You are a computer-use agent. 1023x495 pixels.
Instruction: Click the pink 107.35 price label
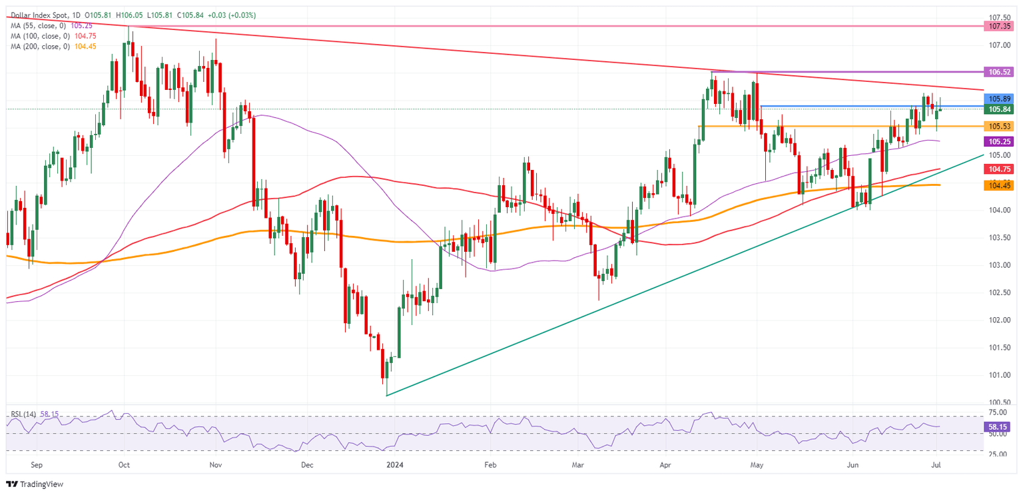[1000, 26]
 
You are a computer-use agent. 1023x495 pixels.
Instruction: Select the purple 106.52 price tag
[1000, 71]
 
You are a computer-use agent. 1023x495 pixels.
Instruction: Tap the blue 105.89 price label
[1000, 99]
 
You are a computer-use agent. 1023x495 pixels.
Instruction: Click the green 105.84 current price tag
[1000, 109]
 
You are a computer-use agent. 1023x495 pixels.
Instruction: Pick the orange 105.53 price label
[1000, 126]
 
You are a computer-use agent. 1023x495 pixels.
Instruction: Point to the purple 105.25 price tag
[1000, 142]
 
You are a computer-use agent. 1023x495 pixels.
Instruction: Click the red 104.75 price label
[1000, 170]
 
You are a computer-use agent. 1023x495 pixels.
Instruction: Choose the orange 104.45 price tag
[1000, 186]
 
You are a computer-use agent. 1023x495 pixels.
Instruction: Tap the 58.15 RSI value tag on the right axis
[1000, 424]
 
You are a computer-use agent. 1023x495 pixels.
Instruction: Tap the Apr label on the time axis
[666, 467]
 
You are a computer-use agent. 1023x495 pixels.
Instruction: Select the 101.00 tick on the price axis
[1000, 375]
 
